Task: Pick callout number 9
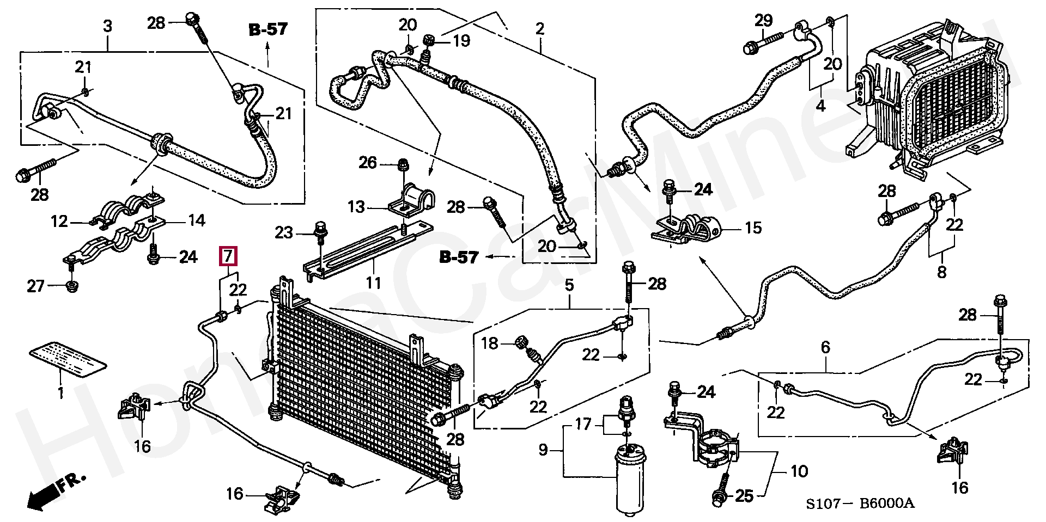(x=543, y=451)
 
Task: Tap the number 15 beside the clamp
(x=753, y=228)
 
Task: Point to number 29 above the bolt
(x=764, y=21)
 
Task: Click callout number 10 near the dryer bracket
(x=799, y=471)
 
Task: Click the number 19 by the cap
(x=461, y=40)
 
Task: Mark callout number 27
(x=36, y=286)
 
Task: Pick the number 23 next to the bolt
(x=284, y=232)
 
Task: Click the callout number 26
(x=368, y=162)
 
